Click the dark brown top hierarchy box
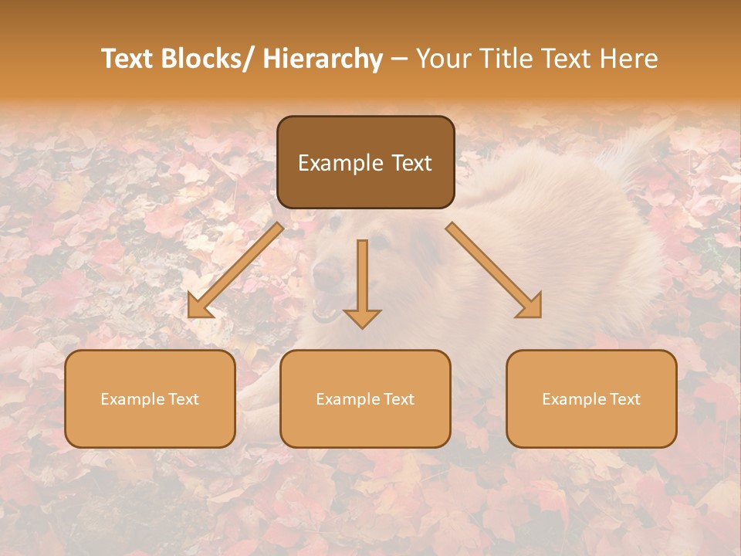[x=365, y=162]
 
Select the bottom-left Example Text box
[x=150, y=398]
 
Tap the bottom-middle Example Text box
[x=365, y=398]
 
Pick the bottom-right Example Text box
[x=591, y=398]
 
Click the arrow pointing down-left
[x=235, y=270]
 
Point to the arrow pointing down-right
[x=494, y=270]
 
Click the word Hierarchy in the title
[x=323, y=59]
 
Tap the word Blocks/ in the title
[x=210, y=59]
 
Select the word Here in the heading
[x=629, y=59]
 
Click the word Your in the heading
[x=442, y=59]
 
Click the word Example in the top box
[x=337, y=163]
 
